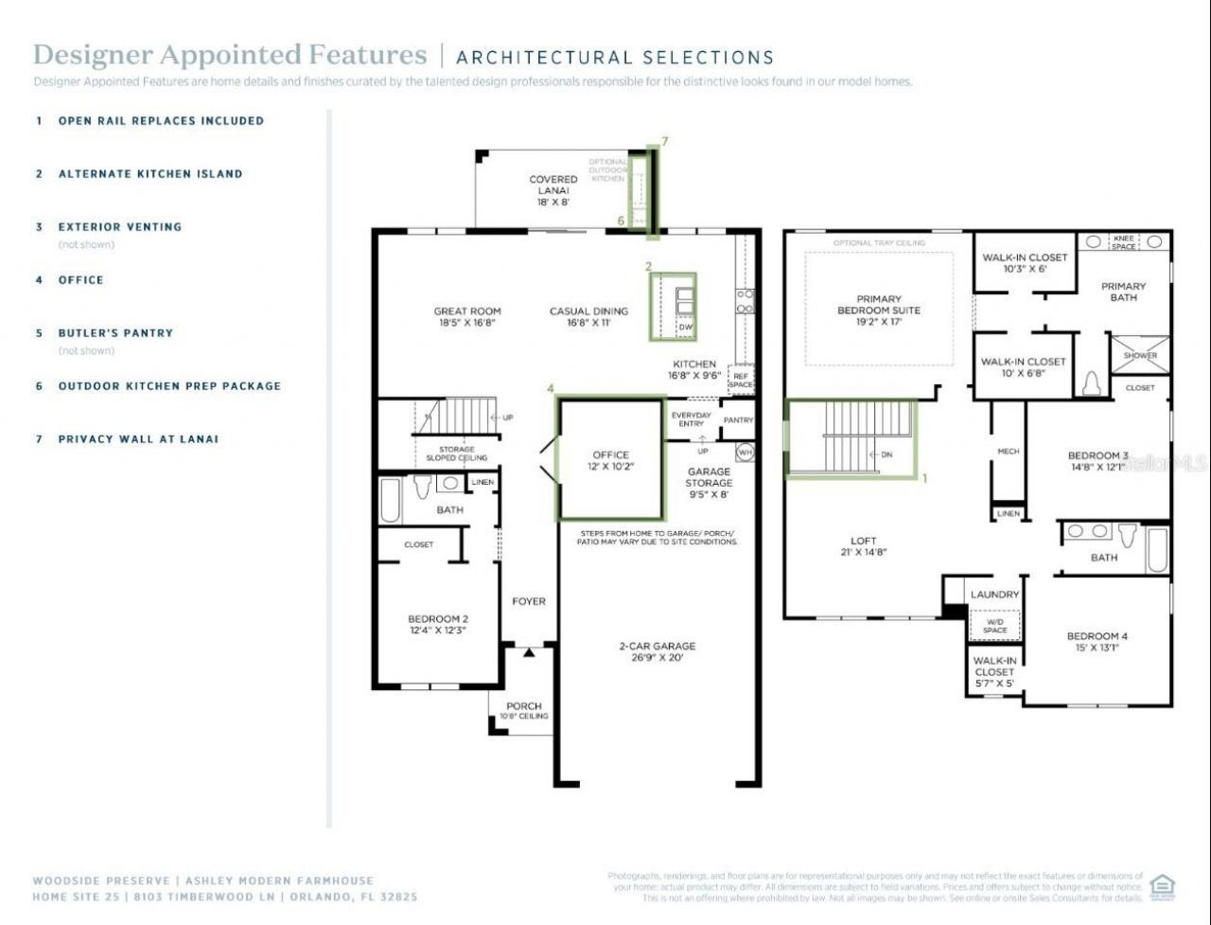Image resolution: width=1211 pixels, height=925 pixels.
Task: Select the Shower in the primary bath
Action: (x=1140, y=355)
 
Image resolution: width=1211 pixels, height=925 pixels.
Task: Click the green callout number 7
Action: (x=665, y=141)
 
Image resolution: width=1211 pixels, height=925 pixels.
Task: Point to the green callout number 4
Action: (x=550, y=388)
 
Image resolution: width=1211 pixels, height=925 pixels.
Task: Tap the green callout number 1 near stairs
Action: (x=924, y=478)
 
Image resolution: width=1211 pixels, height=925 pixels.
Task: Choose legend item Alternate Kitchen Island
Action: (x=149, y=174)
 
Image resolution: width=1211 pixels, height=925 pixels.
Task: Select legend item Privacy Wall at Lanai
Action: (x=138, y=439)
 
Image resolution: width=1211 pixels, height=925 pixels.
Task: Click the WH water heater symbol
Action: (x=745, y=453)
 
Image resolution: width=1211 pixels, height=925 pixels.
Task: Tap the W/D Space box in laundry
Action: (x=994, y=626)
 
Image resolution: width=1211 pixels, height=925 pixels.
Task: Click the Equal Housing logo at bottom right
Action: (x=1162, y=887)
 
